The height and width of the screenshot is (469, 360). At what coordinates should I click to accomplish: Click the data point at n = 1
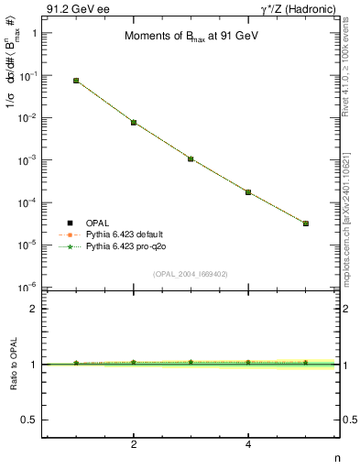[76, 81]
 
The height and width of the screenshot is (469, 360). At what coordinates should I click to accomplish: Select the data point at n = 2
[134, 122]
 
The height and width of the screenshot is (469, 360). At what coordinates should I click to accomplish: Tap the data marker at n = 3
[191, 158]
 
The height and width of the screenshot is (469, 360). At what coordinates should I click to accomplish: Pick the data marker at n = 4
[248, 191]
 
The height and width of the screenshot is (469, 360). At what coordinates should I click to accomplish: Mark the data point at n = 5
[305, 224]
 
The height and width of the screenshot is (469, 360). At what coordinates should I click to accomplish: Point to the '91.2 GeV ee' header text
[74, 8]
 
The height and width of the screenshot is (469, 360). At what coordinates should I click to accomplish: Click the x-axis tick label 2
[134, 445]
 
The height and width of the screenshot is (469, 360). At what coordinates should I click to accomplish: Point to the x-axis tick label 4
[248, 445]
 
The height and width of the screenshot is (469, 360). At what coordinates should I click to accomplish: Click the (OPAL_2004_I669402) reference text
[190, 273]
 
